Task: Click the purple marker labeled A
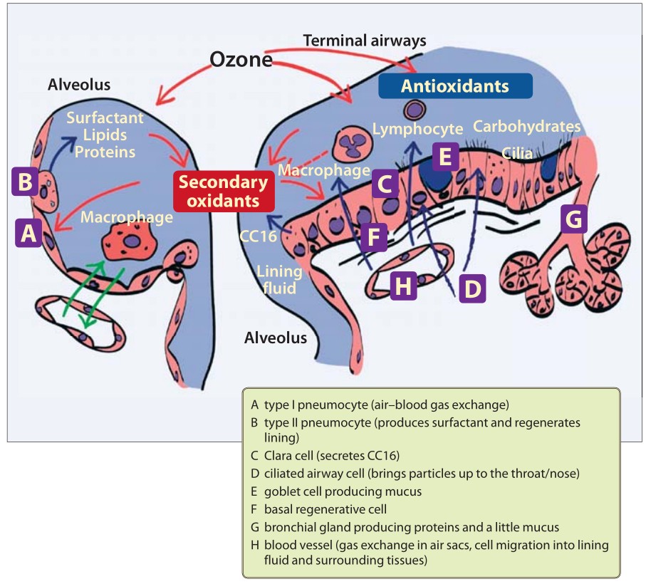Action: point(28,232)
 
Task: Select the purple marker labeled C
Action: point(385,185)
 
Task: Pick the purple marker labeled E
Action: point(445,156)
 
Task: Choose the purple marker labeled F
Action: point(374,236)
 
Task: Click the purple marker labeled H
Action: point(403,286)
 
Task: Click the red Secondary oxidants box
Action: point(224,191)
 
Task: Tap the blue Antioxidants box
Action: point(455,86)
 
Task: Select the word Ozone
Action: point(241,59)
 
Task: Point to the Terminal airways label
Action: point(365,41)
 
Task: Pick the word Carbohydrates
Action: point(526,127)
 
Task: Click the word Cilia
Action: point(517,152)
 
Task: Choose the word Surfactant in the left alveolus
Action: point(105,118)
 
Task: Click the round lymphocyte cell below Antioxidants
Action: point(415,110)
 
